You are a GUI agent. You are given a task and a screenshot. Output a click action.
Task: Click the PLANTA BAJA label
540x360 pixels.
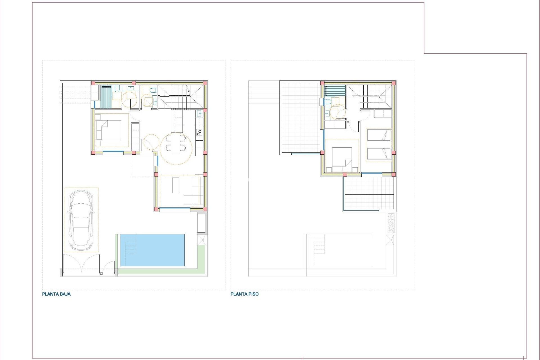tap(56, 294)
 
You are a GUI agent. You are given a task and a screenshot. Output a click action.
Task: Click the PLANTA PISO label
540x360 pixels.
tap(244, 294)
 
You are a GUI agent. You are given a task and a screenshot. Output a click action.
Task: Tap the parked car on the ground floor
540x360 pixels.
tap(81, 220)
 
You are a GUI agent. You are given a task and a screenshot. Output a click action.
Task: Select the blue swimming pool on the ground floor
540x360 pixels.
tap(152, 250)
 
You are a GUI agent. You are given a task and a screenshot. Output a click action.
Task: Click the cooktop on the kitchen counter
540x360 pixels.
tap(199, 132)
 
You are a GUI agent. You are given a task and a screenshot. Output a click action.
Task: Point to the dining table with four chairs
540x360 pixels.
tap(176, 143)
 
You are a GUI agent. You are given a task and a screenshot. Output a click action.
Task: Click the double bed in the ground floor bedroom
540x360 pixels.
tap(109, 130)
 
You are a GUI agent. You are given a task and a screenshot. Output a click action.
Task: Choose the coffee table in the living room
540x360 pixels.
tap(176, 185)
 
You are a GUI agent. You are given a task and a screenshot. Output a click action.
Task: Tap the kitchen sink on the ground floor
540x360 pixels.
tap(199, 114)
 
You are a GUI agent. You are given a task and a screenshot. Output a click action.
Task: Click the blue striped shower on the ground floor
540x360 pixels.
tap(106, 96)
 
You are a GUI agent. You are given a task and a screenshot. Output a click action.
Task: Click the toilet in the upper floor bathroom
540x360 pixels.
tap(328, 102)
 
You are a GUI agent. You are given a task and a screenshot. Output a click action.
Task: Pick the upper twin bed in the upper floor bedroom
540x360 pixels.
tap(379, 135)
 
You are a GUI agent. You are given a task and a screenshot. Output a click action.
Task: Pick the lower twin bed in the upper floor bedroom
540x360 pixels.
tap(379, 154)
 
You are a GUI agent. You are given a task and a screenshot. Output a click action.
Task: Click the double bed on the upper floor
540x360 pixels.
tap(342, 159)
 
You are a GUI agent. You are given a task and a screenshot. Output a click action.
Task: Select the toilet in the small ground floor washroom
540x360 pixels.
tap(153, 90)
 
